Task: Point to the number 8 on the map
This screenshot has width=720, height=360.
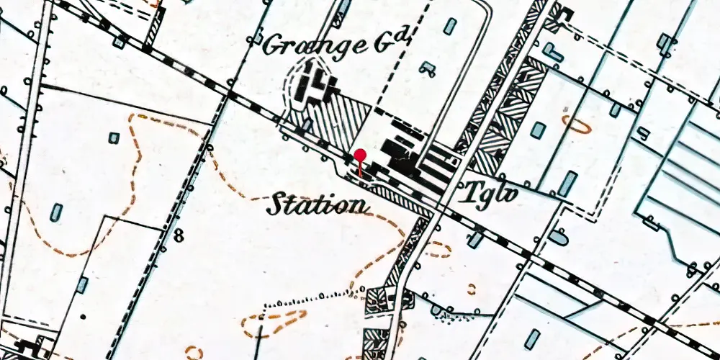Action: click(178, 234)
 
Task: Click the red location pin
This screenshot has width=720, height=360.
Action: click(360, 156)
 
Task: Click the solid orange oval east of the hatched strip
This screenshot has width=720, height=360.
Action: click(577, 125)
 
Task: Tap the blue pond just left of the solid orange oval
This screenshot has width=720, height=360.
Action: click(538, 130)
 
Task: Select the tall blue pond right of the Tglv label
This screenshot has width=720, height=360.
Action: click(567, 184)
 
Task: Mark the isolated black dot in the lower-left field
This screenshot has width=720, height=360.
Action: click(83, 316)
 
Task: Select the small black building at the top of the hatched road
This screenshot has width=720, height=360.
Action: click(564, 12)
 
